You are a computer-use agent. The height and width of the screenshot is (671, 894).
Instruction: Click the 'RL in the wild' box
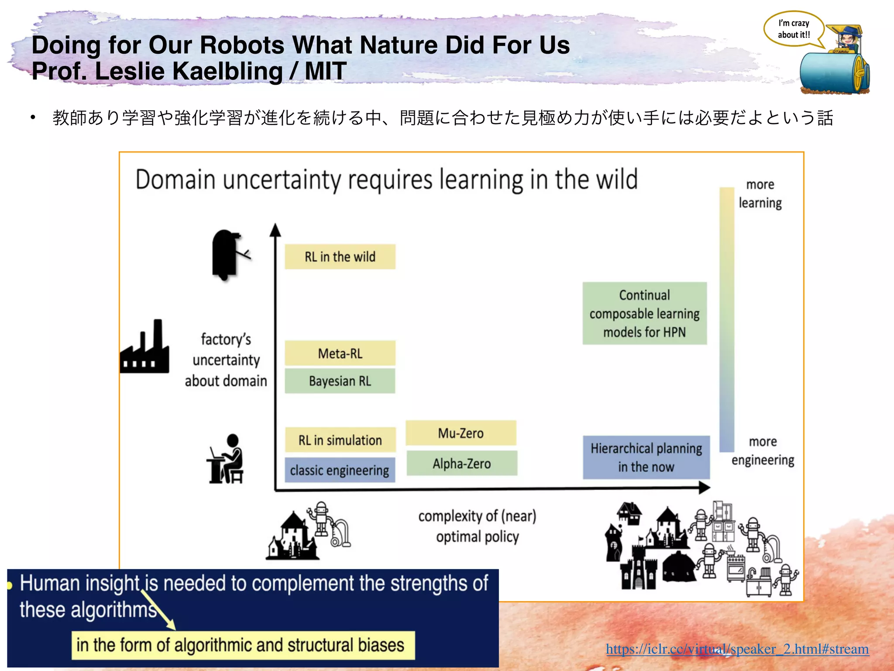tap(340, 256)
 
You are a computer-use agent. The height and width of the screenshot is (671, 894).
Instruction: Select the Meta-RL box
tap(340, 353)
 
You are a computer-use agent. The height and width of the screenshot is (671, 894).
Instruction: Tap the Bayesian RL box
tap(340, 381)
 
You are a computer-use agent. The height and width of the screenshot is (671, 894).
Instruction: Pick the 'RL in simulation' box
tap(340, 440)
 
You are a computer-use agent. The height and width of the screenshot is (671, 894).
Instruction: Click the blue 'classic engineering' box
tap(340, 470)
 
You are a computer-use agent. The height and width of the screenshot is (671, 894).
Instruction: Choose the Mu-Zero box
tap(461, 433)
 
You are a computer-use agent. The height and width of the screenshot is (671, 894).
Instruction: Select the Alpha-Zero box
tap(461, 463)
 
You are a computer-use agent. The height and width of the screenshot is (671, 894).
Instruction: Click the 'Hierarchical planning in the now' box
tap(646, 457)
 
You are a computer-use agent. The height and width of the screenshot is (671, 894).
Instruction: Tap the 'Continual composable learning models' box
tap(644, 313)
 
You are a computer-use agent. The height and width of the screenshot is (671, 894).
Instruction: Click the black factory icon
tap(145, 349)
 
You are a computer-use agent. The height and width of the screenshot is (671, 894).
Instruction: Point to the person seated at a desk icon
tap(226, 460)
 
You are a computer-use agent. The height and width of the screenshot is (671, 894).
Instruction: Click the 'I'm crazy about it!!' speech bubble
tap(794, 29)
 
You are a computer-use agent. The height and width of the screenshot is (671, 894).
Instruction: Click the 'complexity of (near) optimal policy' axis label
tap(477, 526)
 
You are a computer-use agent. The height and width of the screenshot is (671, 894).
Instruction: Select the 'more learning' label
tap(760, 194)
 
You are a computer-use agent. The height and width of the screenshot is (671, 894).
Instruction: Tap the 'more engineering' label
tap(763, 451)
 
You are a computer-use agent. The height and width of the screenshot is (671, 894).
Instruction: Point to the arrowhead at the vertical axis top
tap(275, 229)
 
